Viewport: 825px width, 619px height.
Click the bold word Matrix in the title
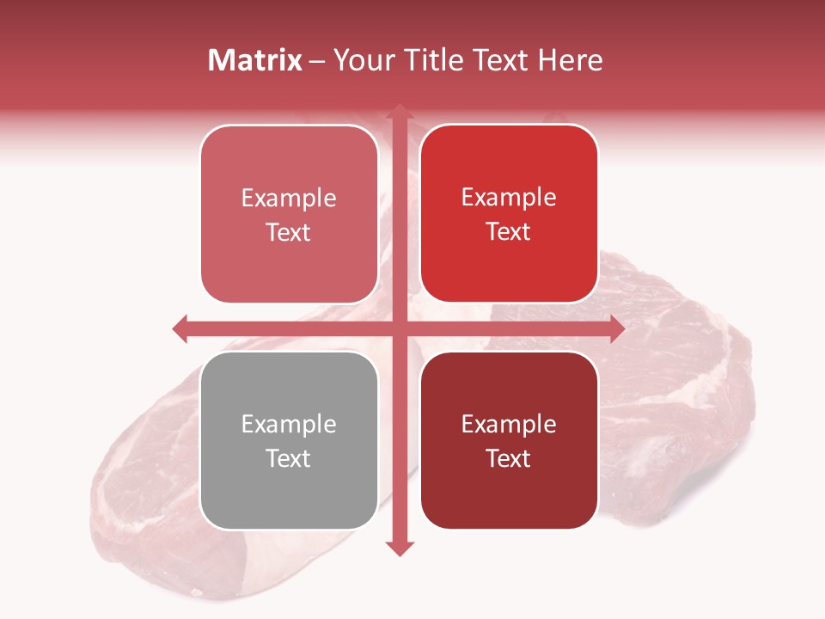click(255, 60)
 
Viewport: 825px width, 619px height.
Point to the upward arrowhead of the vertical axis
click(399, 111)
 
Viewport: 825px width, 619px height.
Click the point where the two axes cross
click(399, 328)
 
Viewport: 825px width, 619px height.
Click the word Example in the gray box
click(289, 424)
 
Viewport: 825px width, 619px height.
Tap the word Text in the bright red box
click(509, 232)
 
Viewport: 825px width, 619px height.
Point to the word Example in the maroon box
click(509, 424)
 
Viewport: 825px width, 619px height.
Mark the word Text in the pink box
click(289, 232)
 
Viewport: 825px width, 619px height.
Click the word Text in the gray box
click(289, 458)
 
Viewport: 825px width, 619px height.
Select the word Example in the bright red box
click(509, 198)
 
